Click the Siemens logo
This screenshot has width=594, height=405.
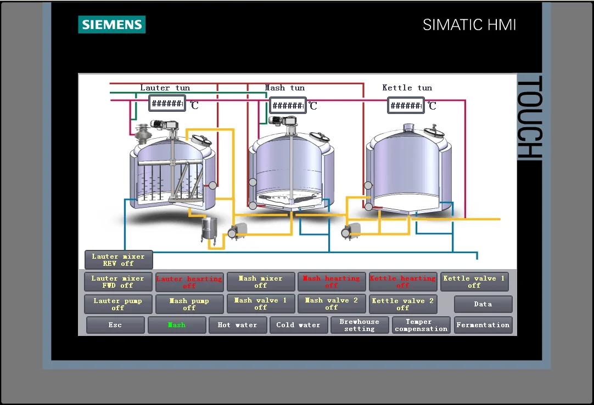(x=111, y=25)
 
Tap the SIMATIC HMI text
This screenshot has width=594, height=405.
(x=469, y=25)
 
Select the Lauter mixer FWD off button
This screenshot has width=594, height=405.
(x=119, y=282)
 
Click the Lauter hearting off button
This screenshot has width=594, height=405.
(x=189, y=282)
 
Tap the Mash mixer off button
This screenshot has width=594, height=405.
(x=261, y=282)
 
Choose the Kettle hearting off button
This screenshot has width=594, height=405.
(x=402, y=282)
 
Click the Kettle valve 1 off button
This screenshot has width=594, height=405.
(x=474, y=282)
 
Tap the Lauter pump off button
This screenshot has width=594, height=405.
(x=118, y=304)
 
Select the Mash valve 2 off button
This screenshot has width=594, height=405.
(x=332, y=304)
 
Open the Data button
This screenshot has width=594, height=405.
(x=483, y=304)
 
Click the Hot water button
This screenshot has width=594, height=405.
(x=237, y=325)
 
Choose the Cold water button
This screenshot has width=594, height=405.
(x=298, y=325)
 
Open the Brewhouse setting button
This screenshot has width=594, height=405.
(x=360, y=325)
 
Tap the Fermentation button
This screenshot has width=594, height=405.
(x=483, y=325)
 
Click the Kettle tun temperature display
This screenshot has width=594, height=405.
(x=406, y=105)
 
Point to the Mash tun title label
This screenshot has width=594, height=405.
(x=284, y=88)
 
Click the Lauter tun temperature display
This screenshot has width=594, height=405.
(x=167, y=103)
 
